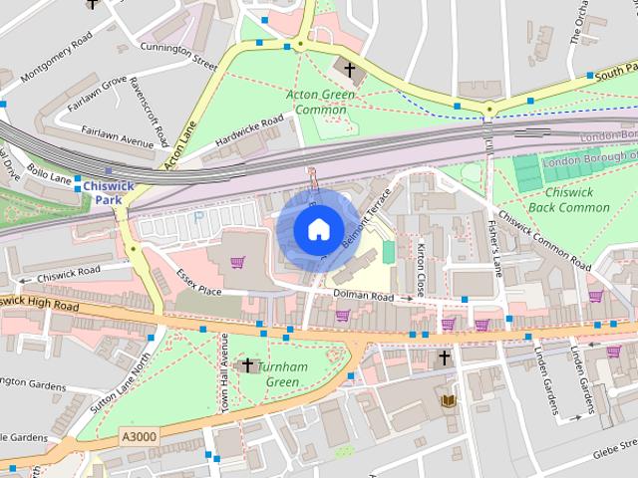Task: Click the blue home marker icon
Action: pyautogui.click(x=317, y=229)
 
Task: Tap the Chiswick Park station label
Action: pyautogui.click(x=102, y=191)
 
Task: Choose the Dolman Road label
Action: pyautogui.click(x=364, y=295)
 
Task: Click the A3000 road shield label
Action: pyautogui.click(x=138, y=435)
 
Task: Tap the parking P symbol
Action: pyautogui.click(x=199, y=216)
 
